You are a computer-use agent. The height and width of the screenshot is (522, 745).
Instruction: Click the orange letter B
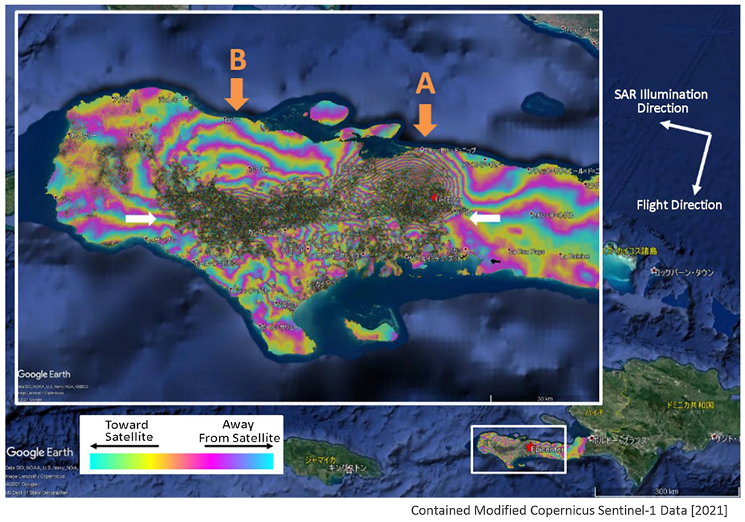click(237, 60)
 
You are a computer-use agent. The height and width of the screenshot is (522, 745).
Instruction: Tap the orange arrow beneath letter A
click(425, 119)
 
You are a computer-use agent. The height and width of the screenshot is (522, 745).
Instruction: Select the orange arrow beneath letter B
click(237, 93)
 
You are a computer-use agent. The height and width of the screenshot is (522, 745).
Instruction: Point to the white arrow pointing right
click(141, 218)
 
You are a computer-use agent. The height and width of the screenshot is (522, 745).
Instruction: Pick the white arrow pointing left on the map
click(484, 217)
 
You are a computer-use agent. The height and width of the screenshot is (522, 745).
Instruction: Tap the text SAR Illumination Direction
click(660, 101)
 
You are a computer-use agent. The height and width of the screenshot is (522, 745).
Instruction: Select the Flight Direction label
click(679, 205)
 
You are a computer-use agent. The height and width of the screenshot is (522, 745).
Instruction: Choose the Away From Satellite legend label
click(239, 431)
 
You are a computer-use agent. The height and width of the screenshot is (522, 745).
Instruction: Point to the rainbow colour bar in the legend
click(181, 461)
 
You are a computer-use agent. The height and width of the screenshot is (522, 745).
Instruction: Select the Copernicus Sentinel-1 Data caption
click(568, 511)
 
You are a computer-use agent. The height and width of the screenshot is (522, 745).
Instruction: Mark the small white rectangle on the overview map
click(519, 449)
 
